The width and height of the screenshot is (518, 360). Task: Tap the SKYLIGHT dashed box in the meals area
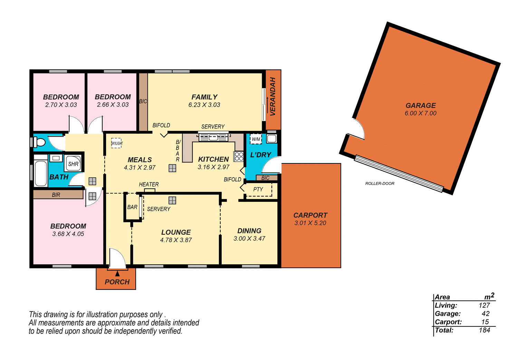pos(117,143)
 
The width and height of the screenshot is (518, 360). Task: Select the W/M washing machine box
pos(256,139)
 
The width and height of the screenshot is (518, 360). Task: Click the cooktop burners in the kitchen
pos(239,157)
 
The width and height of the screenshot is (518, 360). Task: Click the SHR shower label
pos(73,164)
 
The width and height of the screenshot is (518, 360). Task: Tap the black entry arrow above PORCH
pos(117,273)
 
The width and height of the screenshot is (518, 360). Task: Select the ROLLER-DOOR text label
pos(380,183)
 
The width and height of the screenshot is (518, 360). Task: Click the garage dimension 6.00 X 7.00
pos(420,113)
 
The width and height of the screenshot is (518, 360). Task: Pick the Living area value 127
pos(484,305)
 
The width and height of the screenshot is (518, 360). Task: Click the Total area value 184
pos(484,330)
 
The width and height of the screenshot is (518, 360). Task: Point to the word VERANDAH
pos(273,96)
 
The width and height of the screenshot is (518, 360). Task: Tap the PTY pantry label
pos(258,189)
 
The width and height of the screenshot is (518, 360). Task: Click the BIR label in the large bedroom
pos(56,195)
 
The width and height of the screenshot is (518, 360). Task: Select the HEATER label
pos(149,184)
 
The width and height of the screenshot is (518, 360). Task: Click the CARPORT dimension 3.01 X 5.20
pos(310,223)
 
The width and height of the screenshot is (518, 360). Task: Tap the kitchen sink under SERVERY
pos(213,138)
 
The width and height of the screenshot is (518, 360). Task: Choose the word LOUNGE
pos(176,232)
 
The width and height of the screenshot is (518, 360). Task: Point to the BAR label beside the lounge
pos(132,207)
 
